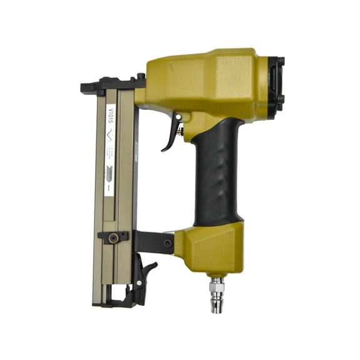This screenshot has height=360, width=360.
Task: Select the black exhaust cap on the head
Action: [x=274, y=81]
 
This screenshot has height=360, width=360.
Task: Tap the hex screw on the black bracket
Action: [x=167, y=242]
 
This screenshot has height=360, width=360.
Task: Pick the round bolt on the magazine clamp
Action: [x=114, y=237]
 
